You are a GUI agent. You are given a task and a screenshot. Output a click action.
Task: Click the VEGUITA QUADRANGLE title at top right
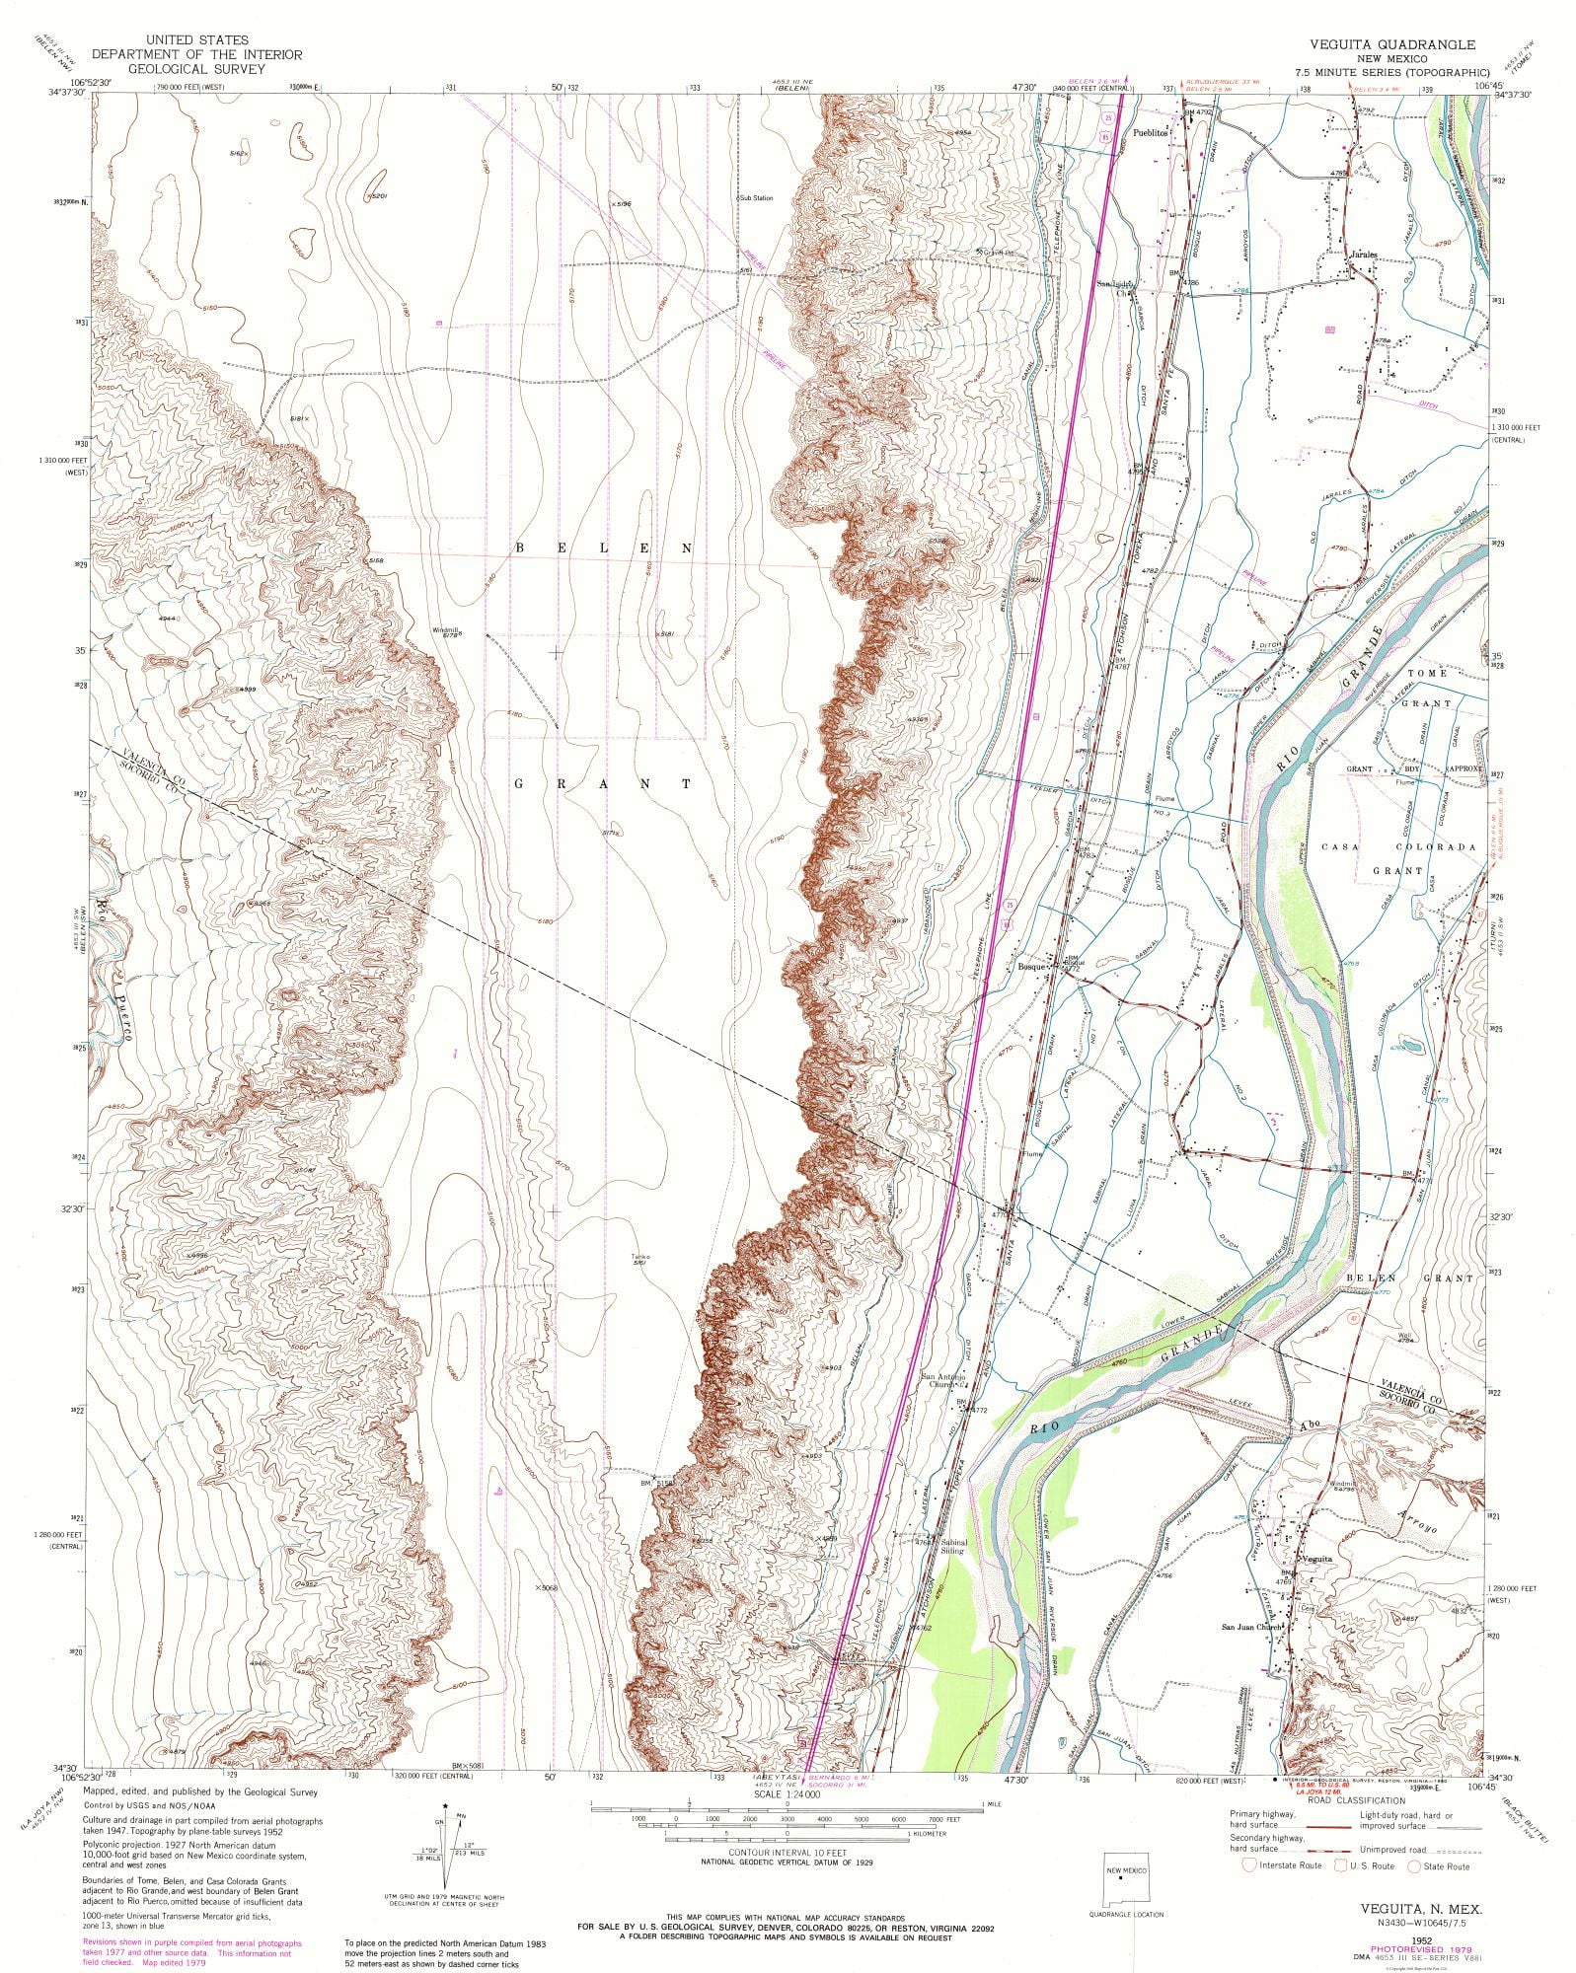click(x=1391, y=44)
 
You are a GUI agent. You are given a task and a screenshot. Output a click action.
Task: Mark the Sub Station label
click(x=757, y=198)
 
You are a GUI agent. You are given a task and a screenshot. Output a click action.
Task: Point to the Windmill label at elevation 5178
click(x=446, y=631)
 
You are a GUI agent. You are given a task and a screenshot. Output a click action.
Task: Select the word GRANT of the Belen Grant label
click(x=602, y=783)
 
